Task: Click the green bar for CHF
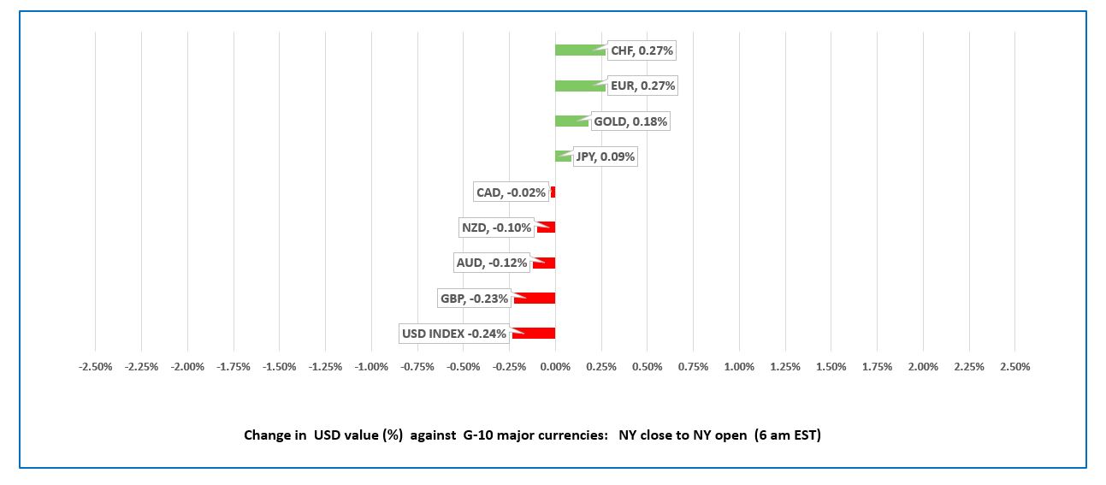click(x=579, y=50)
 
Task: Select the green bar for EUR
click(x=579, y=86)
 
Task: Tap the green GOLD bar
click(x=571, y=121)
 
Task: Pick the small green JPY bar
click(x=562, y=157)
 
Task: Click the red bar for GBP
click(x=535, y=299)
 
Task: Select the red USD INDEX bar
click(x=535, y=334)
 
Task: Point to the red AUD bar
click(x=545, y=263)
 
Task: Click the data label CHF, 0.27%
click(x=642, y=50)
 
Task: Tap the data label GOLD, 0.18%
click(x=630, y=121)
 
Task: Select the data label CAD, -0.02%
click(x=511, y=192)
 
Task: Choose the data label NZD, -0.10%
click(x=496, y=228)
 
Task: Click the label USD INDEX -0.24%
click(x=453, y=334)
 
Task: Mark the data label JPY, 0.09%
click(x=605, y=157)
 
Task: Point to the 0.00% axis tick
click(x=555, y=367)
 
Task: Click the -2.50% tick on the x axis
click(x=95, y=367)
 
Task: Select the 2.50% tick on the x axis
click(x=1014, y=367)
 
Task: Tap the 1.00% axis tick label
click(x=739, y=367)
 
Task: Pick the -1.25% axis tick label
click(x=325, y=367)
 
